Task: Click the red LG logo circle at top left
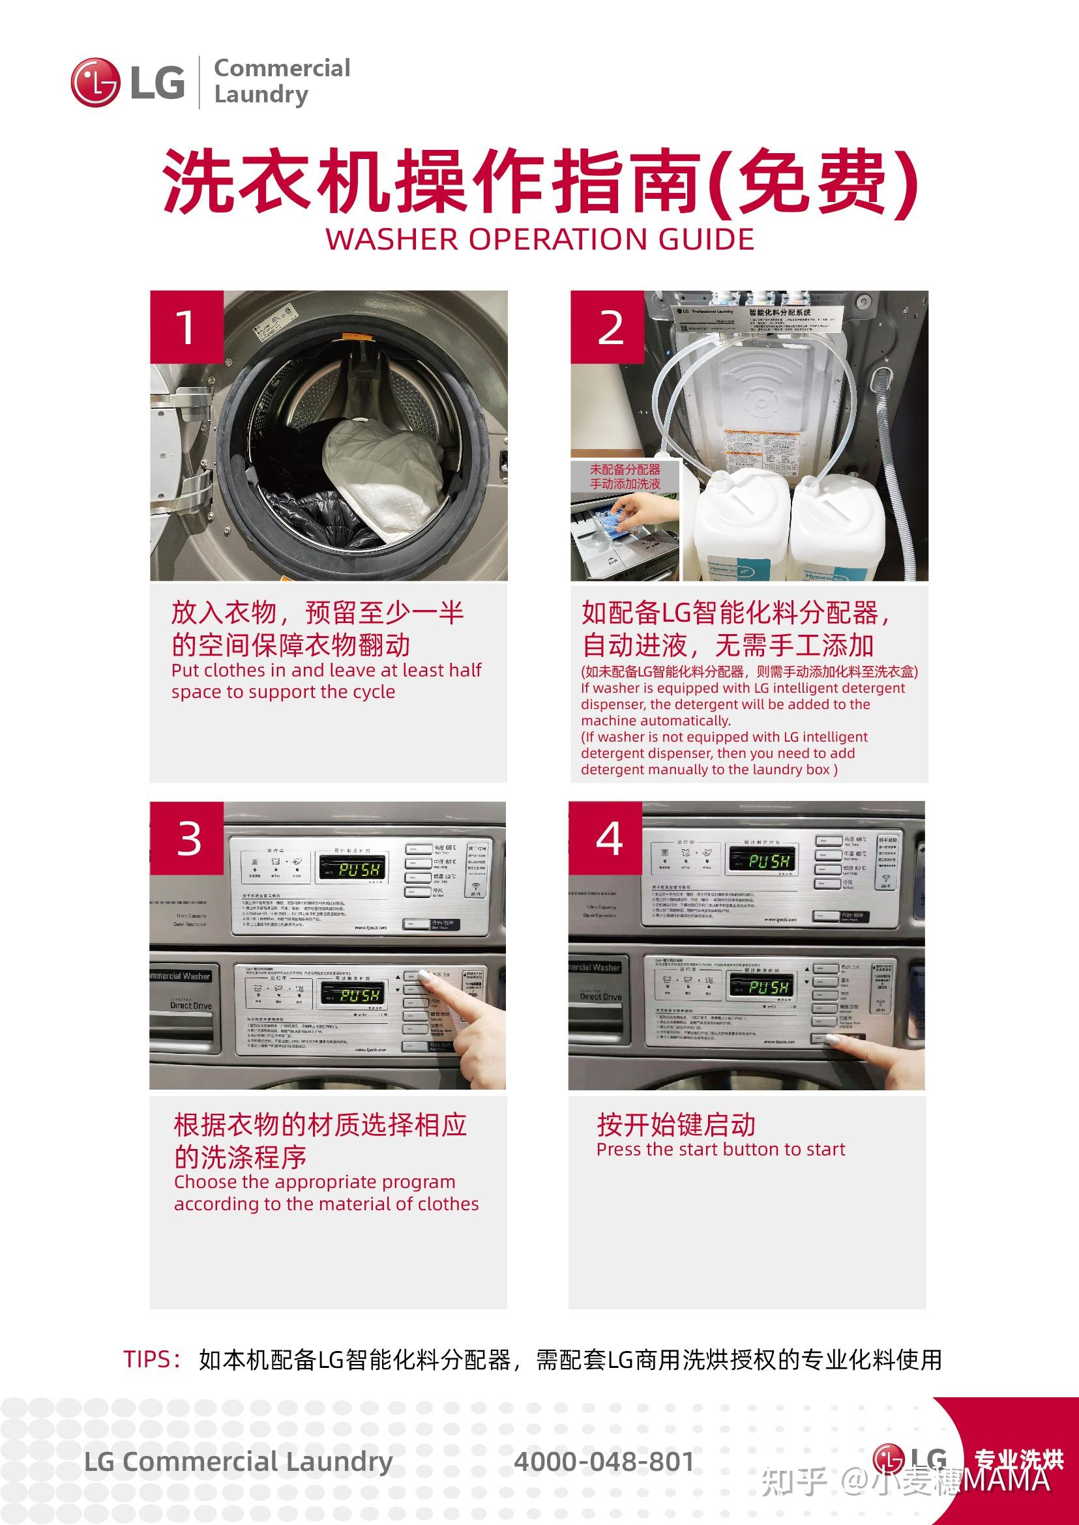pos(95,82)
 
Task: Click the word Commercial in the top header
pos(282,68)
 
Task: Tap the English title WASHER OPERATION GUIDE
pos(540,239)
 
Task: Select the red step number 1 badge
pos(186,327)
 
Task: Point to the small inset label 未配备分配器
pos(625,469)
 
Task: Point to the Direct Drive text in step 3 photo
pos(190,1006)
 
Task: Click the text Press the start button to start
pos(720,1149)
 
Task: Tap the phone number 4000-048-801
pos(604,1462)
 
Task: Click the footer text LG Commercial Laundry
pos(238,1462)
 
